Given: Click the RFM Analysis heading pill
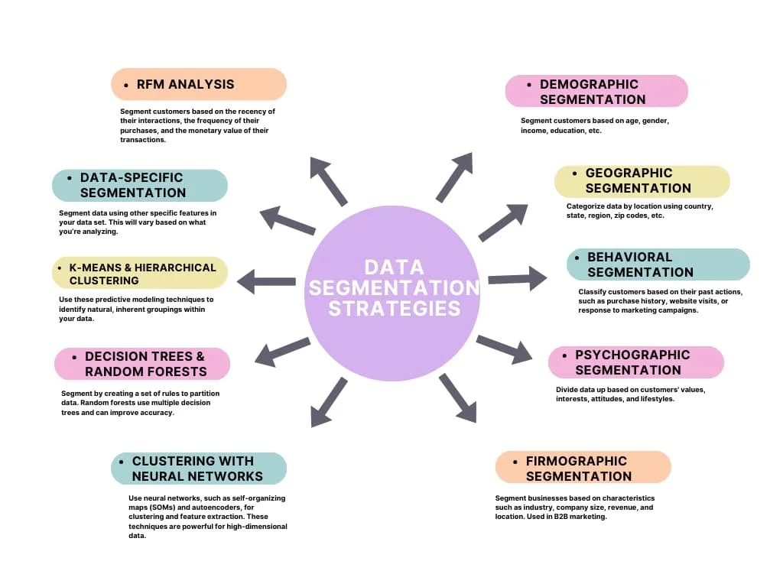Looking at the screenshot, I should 199,84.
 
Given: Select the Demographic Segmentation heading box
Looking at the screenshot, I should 596,91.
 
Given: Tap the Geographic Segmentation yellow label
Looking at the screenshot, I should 642,181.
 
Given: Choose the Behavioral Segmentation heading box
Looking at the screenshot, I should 658,264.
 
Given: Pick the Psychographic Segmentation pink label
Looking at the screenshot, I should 635,362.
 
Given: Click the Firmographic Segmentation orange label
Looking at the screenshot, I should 583,468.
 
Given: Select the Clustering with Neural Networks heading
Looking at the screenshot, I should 199,469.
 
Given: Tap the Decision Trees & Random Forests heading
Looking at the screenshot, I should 142,364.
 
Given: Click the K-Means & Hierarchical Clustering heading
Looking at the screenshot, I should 140,274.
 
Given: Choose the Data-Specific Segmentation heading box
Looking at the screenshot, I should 140,185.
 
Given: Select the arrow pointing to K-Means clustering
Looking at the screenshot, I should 266,281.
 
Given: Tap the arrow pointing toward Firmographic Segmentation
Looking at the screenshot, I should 458,397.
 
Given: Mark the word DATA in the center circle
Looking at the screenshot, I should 394,268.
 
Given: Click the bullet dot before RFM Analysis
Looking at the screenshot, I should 126,85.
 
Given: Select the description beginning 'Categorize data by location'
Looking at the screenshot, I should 639,211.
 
